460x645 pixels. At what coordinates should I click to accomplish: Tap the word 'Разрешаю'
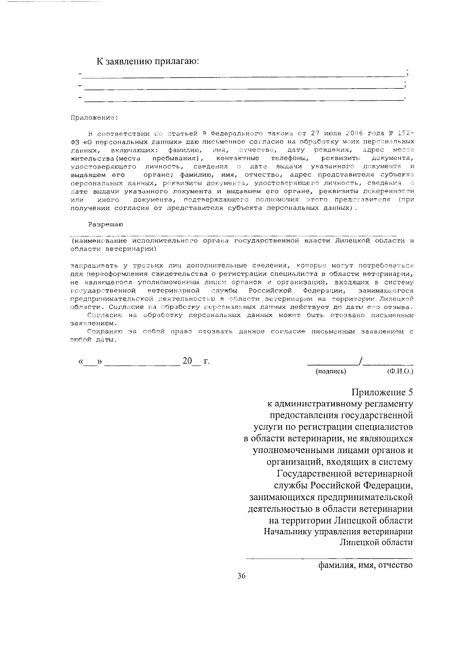pos(106,225)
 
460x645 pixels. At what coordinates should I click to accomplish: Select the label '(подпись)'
pos(331,371)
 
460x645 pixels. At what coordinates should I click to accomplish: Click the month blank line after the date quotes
pos(142,364)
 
